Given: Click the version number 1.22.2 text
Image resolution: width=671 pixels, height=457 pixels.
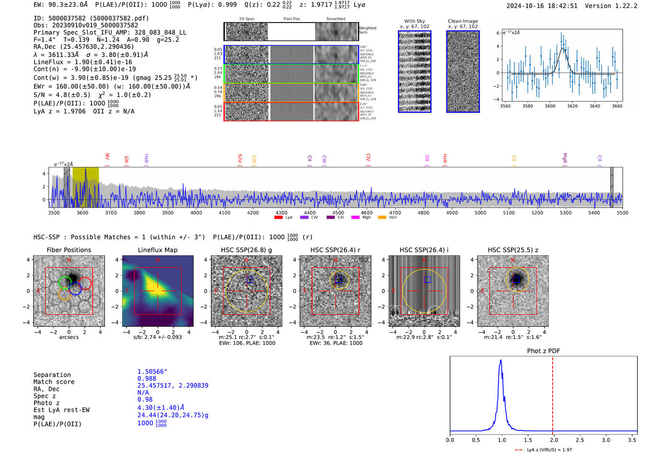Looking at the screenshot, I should [622, 6].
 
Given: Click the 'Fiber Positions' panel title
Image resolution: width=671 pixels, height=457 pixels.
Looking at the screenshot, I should [69, 250].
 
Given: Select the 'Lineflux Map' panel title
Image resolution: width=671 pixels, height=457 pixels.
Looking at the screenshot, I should [158, 250].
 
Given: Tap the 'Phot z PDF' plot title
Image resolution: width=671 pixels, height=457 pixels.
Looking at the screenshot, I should [544, 351].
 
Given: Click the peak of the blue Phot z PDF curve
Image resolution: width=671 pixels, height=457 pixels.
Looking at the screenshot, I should [501, 361].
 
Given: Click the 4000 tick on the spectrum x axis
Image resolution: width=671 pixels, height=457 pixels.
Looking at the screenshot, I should [196, 212].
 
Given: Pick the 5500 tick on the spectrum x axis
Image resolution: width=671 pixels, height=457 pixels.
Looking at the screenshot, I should [622, 212].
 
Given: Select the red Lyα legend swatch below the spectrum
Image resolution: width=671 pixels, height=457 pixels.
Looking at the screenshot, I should [278, 217].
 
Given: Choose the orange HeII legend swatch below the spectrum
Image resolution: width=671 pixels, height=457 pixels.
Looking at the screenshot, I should [382, 217].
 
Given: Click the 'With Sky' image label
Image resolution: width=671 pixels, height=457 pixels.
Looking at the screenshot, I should [415, 21].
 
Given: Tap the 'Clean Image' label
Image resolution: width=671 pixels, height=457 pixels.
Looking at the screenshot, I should [463, 21].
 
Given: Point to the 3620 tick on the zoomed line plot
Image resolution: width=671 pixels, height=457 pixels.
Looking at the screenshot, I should [572, 106].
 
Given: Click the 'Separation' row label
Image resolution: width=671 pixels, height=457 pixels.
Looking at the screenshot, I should [52, 375].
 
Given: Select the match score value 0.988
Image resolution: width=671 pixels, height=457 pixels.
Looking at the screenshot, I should [147, 378].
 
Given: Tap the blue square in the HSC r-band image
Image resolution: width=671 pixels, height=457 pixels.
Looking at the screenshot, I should [339, 280].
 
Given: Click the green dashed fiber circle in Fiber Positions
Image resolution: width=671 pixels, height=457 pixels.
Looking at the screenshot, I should [65, 282].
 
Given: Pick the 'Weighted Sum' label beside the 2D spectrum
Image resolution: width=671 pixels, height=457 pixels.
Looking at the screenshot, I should [368, 30].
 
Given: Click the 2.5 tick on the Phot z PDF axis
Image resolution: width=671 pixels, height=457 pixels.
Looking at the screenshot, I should [579, 440].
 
